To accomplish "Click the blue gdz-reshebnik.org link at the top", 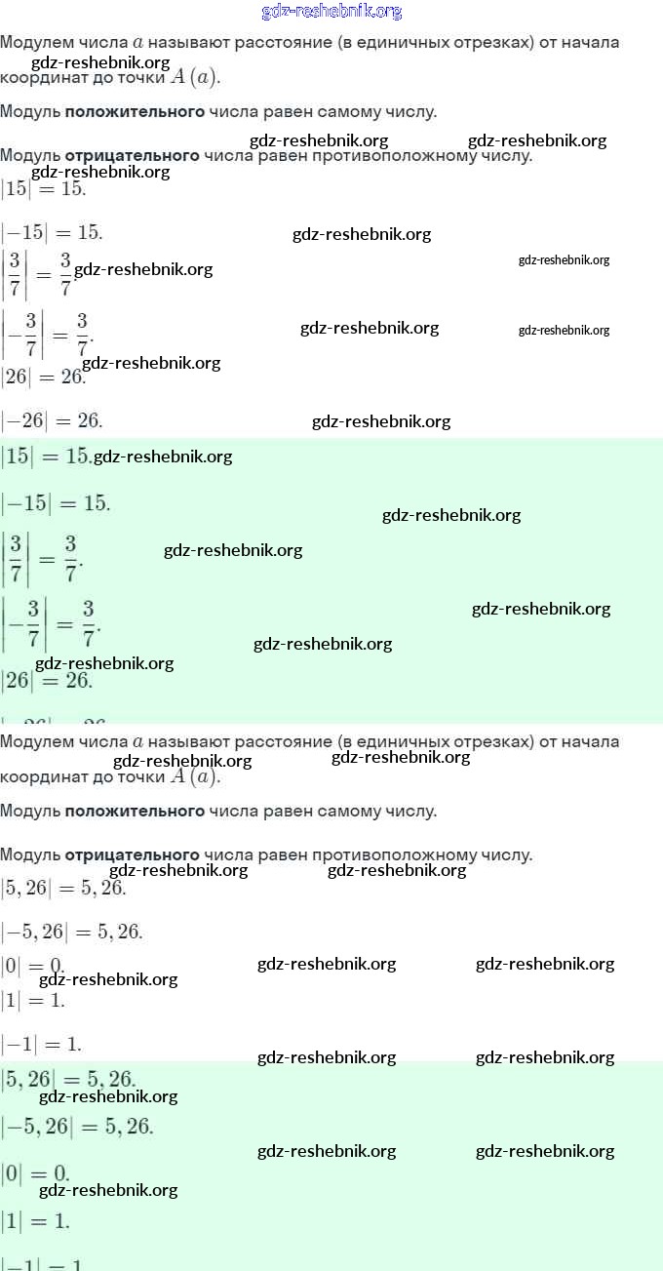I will [331, 12].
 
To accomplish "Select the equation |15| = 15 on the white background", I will [43, 188].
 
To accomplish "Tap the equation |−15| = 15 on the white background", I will [52, 233].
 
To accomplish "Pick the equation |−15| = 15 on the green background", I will [56, 503].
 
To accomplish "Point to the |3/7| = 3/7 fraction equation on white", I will [37, 275].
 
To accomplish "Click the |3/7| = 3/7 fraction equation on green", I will [42, 558].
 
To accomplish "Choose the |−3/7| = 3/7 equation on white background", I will [47, 334].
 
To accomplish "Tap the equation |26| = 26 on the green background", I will [47, 680].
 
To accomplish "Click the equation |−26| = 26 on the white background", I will [52, 421].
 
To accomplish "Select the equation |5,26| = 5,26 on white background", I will [63, 888].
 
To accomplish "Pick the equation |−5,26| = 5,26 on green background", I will [77, 1127].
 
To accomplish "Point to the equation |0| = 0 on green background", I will [35, 1172].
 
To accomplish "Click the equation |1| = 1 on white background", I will [32, 1000].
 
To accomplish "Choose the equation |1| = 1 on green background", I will [35, 1220].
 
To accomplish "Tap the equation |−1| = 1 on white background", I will [41, 1045].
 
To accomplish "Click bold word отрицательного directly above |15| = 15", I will [132, 156].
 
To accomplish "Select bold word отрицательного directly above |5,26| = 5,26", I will [132, 855].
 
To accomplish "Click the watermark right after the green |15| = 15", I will [163, 457].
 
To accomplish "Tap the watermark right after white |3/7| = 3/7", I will [143, 269].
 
